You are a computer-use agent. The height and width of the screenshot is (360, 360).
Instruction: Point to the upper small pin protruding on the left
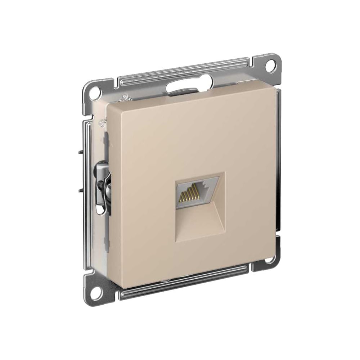click(79, 152)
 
